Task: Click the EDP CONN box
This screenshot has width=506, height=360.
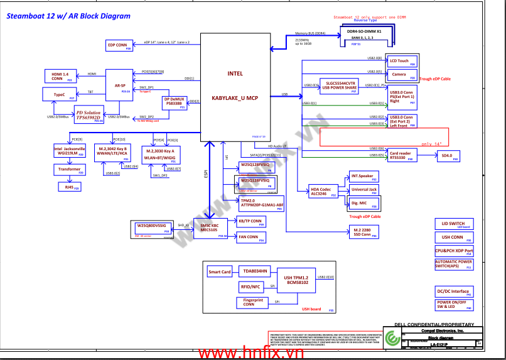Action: pyautogui.click(x=119, y=45)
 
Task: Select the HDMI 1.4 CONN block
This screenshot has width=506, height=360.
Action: pyautogui.click(x=60, y=77)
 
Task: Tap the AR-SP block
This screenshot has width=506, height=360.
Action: pyautogui.click(x=119, y=84)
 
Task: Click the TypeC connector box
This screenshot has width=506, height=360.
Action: pyautogui.click(x=60, y=95)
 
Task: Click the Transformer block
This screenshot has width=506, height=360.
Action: pyautogui.click(x=70, y=170)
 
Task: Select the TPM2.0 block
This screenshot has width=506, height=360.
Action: pyautogui.click(x=262, y=202)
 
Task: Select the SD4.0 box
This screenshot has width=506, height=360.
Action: pyautogui.click(x=448, y=156)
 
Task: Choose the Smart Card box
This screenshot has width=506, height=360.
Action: pyautogui.click(x=220, y=272)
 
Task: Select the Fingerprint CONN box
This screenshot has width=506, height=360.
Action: pyautogui.click(x=254, y=302)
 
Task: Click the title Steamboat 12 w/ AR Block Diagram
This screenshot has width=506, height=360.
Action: pyautogui.click(x=68, y=16)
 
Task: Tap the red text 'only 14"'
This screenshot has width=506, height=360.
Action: pyautogui.click(x=435, y=144)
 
